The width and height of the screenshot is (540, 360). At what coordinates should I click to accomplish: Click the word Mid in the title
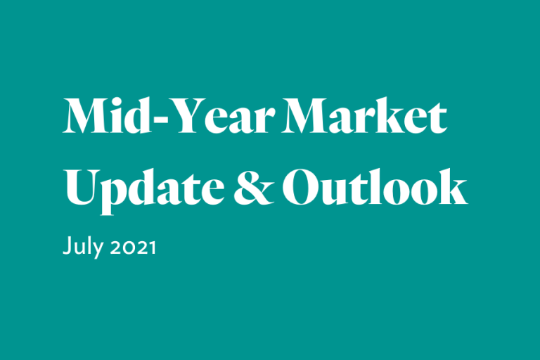tap(107, 115)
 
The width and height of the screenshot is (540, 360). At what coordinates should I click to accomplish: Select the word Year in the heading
tap(221, 116)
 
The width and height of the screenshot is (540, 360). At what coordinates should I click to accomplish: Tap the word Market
tap(364, 116)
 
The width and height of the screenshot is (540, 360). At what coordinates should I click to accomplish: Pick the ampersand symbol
tap(254, 188)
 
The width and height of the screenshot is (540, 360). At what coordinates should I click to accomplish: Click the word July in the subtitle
tap(83, 245)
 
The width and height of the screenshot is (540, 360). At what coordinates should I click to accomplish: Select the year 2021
tap(133, 247)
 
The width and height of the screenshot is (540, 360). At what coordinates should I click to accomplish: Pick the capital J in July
tap(67, 245)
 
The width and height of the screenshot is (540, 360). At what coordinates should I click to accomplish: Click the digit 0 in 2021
tap(128, 247)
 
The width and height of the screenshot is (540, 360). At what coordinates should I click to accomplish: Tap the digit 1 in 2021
tap(152, 247)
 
